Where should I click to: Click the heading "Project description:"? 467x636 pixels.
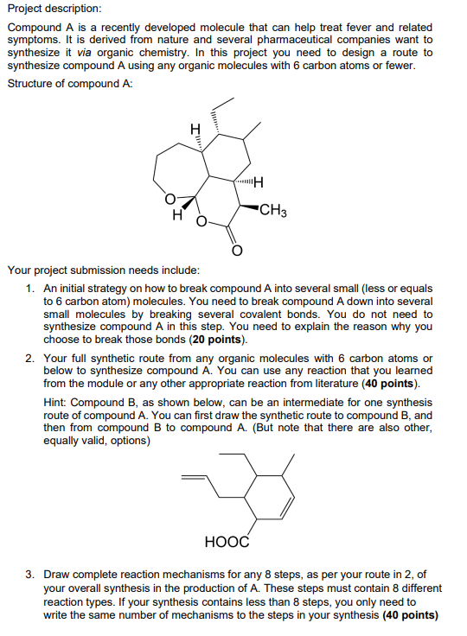[x=54, y=10]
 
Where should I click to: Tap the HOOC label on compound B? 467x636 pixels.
[x=227, y=542]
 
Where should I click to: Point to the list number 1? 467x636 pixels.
[x=30, y=288]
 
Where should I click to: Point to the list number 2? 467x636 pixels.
[x=30, y=358]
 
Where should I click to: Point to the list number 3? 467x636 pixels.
[x=30, y=574]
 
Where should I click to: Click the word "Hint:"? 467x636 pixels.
[x=54, y=403]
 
